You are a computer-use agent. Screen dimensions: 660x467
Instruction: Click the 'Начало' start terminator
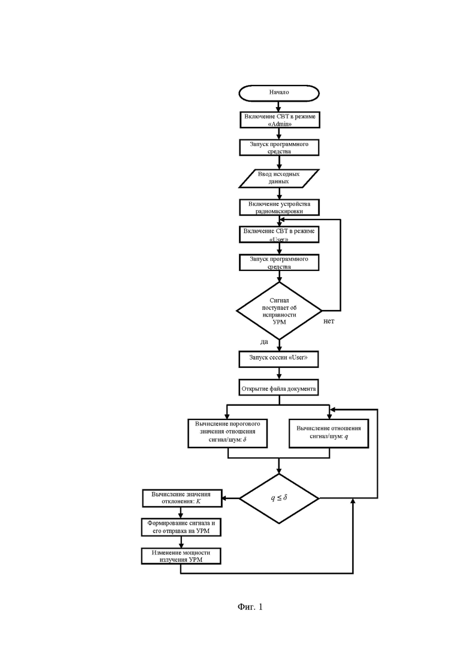point(279,93)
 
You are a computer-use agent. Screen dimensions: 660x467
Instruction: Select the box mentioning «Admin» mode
point(279,120)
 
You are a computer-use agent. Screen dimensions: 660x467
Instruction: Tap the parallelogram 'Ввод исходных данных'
point(279,177)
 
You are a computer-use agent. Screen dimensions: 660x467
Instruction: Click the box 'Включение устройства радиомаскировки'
point(279,206)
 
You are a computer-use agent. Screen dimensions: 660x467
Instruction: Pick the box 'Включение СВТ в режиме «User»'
point(279,234)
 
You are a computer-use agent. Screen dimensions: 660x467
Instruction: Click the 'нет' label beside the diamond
point(329,321)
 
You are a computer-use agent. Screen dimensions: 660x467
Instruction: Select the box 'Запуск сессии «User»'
point(279,358)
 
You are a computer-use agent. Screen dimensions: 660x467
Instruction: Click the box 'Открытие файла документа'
point(279,388)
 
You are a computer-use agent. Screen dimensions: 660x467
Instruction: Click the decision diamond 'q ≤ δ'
point(279,497)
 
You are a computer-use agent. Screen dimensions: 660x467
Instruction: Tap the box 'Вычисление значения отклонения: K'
point(181,497)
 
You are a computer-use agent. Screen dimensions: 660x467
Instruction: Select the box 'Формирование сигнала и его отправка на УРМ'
point(181,527)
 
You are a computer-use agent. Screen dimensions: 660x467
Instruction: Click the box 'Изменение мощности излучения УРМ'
point(181,556)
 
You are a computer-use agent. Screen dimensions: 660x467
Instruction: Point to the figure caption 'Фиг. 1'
point(250,607)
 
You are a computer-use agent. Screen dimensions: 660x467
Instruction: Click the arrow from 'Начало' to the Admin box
point(279,106)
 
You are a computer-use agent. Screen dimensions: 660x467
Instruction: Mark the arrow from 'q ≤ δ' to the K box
point(231,497)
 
